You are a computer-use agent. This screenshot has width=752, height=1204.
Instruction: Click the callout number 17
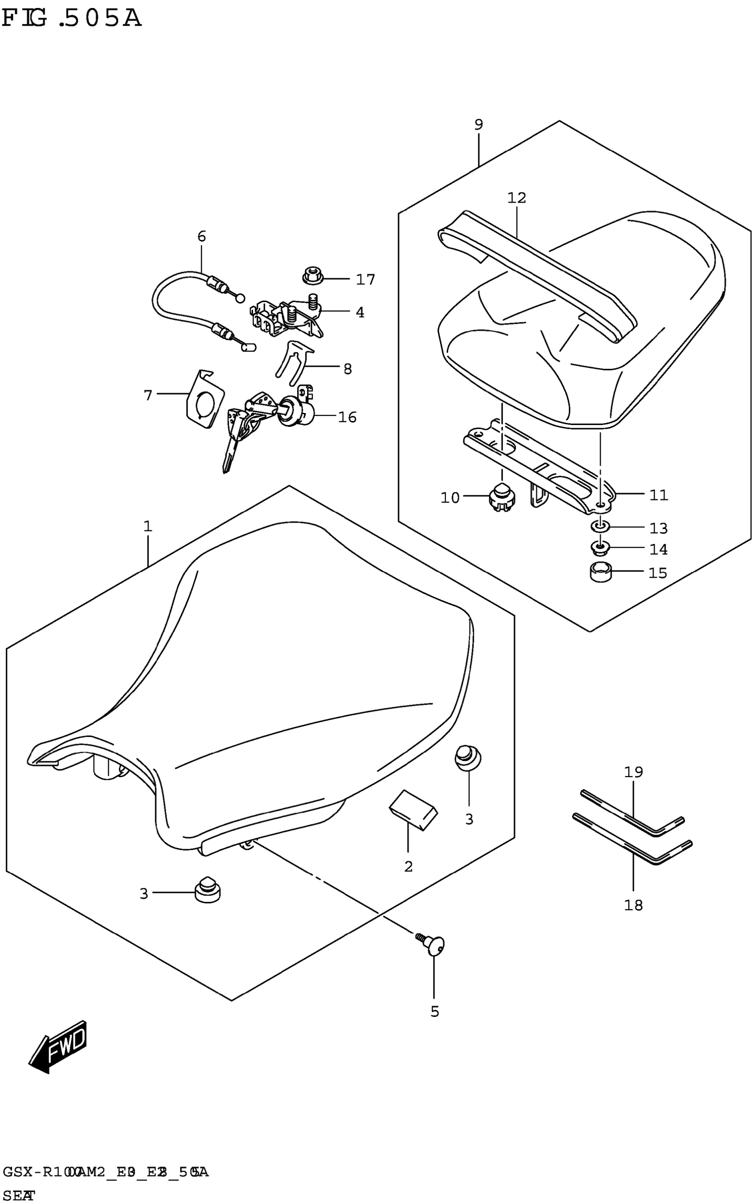coord(365,280)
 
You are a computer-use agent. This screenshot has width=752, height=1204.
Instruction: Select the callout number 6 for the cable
coord(201,236)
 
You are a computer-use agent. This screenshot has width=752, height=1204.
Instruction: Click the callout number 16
coord(347,417)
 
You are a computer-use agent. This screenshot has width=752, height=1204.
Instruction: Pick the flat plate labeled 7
coord(204,399)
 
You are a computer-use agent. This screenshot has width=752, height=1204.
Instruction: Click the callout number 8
coord(348,368)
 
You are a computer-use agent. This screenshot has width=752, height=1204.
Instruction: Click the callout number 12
coord(517,198)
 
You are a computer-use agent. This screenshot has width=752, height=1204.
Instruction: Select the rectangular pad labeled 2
coord(413,809)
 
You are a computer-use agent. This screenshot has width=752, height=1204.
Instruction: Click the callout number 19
coord(633,772)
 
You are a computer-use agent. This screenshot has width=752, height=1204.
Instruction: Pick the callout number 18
coord(633,905)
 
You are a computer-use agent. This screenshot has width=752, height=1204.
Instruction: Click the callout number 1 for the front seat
coord(148,526)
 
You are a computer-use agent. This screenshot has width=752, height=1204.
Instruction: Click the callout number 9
coord(479,124)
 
